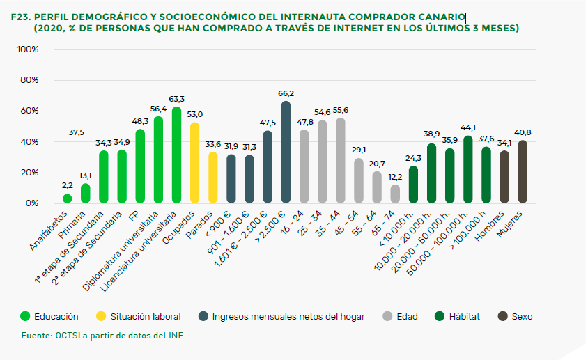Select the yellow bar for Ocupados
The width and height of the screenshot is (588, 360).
coord(194,164)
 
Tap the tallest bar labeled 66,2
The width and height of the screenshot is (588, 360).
coord(286,152)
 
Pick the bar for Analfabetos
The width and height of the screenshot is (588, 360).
coord(67,199)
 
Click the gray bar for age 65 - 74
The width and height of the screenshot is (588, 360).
coord(395,194)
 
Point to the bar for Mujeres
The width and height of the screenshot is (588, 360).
coord(523,172)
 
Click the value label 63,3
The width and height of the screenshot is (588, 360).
coord(176,99)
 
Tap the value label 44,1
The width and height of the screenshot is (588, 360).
coord(468,127)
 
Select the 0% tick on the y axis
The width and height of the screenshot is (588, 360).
coord(31,203)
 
